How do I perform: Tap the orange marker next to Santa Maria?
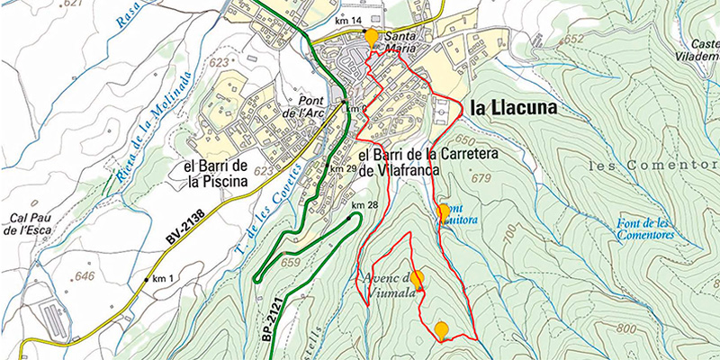click(x=372, y=37)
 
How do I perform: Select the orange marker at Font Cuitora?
click(x=443, y=211)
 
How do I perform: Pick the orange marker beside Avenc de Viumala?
click(x=417, y=278)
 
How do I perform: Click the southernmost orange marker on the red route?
click(x=441, y=329)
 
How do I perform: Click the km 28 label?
click(x=364, y=206)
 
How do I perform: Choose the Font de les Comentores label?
click(x=645, y=229)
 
